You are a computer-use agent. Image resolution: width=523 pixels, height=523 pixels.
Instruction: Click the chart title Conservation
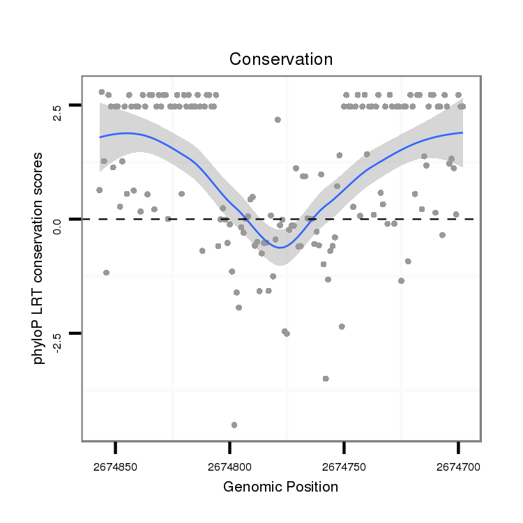point(281,59)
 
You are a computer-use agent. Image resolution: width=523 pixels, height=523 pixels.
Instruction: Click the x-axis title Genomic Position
point(281,487)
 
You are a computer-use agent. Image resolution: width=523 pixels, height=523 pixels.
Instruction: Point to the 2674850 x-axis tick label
point(115,466)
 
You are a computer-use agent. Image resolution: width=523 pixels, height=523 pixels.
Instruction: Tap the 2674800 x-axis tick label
point(229,466)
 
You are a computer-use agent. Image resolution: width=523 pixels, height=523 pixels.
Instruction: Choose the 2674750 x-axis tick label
point(344,466)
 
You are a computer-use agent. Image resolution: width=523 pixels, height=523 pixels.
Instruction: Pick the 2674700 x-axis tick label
point(458,466)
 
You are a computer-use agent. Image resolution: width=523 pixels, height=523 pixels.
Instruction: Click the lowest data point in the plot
point(234,425)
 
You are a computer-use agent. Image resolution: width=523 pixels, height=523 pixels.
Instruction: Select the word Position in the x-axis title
point(312,487)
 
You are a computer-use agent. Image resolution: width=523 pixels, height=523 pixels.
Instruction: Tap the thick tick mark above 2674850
point(116,446)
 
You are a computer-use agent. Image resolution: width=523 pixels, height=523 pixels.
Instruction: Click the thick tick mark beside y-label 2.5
point(75,105)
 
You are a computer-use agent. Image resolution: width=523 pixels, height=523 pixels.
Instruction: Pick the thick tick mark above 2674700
point(458,446)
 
